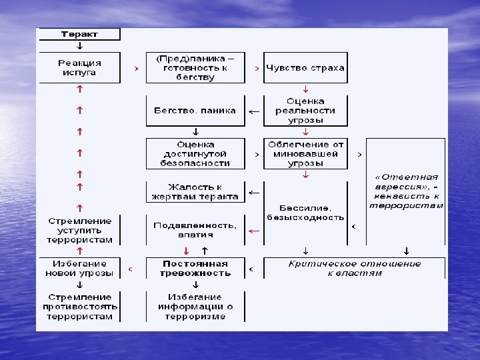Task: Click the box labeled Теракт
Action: pyautogui.click(x=79, y=34)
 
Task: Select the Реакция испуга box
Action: pyautogui.click(x=79, y=67)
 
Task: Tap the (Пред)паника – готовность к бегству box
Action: pyautogui.click(x=195, y=67)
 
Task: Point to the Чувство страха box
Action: pyautogui.click(x=305, y=67)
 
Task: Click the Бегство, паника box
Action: pyautogui.click(x=195, y=111)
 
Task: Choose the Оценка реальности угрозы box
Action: pyautogui.click(x=305, y=111)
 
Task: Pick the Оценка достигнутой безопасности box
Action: pyautogui.click(x=195, y=153)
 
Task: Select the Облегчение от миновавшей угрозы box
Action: pyautogui.click(x=305, y=153)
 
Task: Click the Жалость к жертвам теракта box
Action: pyautogui.click(x=195, y=192)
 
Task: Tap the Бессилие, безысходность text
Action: pyautogui.click(x=305, y=213)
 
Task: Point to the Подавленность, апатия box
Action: pyautogui.click(x=195, y=229)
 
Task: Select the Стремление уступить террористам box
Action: pyautogui.click(x=79, y=230)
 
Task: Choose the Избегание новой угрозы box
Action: pyautogui.click(x=79, y=268)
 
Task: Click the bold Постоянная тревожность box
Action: pyautogui.click(x=195, y=268)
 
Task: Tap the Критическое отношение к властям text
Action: pyautogui.click(x=354, y=268)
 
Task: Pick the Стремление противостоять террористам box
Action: pyautogui.click(x=79, y=307)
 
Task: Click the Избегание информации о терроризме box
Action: pyautogui.click(x=195, y=307)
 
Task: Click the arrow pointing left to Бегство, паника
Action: pyautogui.click(x=254, y=111)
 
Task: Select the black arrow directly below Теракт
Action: pyautogui.click(x=80, y=46)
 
